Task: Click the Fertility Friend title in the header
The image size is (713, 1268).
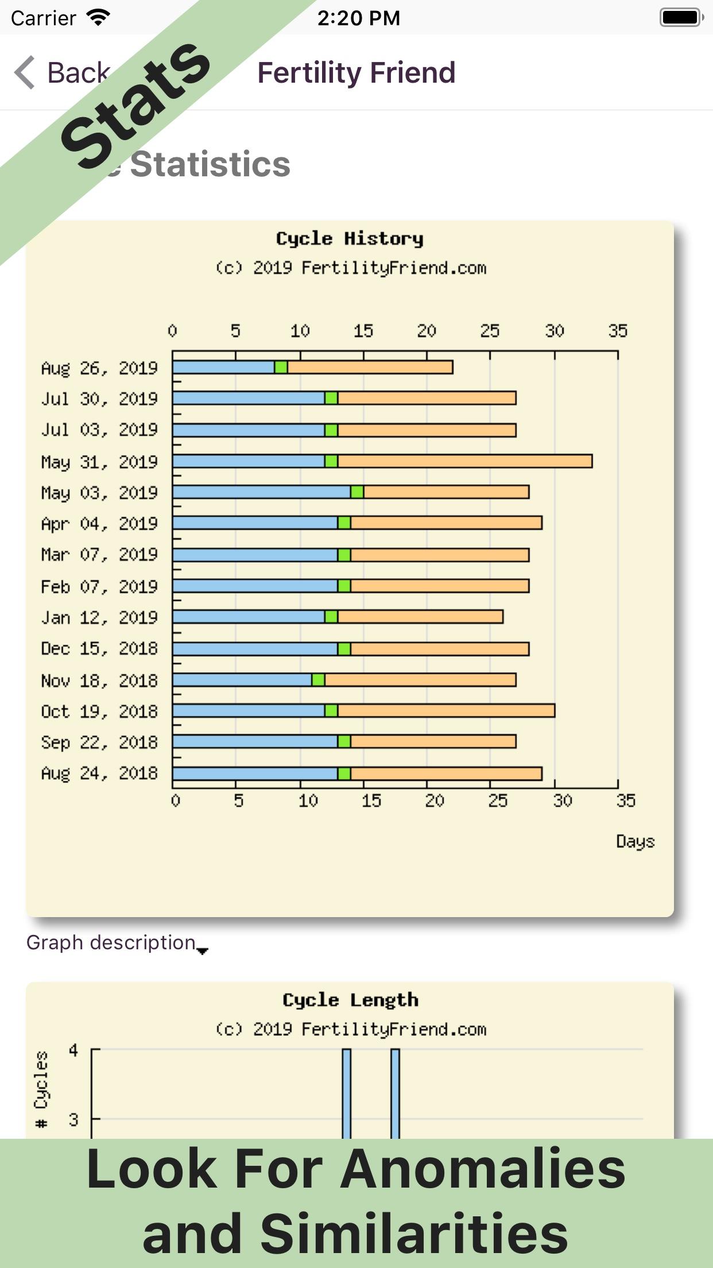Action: click(x=356, y=73)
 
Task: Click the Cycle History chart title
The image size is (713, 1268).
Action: click(x=350, y=238)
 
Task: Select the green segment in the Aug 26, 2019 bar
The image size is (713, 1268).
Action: click(x=281, y=367)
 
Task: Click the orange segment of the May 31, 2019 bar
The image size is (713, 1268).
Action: click(x=465, y=461)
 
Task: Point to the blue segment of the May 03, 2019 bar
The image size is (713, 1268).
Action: click(x=261, y=492)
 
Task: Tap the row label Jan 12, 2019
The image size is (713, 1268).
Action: click(x=99, y=618)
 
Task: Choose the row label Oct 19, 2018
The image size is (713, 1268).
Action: click(x=99, y=712)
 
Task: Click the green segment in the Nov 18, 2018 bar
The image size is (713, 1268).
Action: click(x=318, y=680)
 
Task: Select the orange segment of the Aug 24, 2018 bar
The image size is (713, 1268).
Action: click(x=446, y=774)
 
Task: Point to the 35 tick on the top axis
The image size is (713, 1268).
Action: click(x=618, y=331)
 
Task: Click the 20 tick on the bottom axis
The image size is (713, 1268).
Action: click(x=434, y=801)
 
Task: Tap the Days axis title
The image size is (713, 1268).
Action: click(x=635, y=841)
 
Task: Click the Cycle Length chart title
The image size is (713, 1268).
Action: click(x=350, y=1000)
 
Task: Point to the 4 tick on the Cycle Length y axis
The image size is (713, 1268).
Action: click(x=73, y=1050)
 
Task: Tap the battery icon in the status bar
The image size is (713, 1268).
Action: click(x=681, y=17)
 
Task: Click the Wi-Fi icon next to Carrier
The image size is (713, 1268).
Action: click(x=98, y=17)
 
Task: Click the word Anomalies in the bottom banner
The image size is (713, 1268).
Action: click(x=482, y=1170)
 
